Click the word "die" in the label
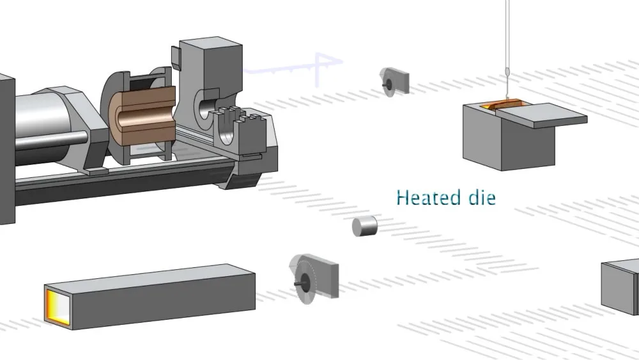[x=481, y=197]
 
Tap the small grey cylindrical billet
[x=365, y=226]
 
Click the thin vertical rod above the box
[x=508, y=38]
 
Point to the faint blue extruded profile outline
[x=294, y=67]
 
